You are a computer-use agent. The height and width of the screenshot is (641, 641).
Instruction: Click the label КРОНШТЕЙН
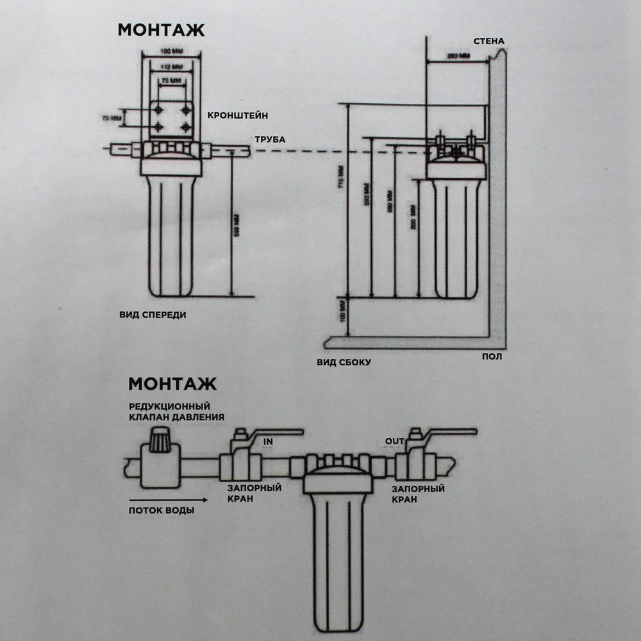click(x=237, y=115)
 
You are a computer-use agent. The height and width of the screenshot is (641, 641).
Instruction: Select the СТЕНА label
click(x=488, y=42)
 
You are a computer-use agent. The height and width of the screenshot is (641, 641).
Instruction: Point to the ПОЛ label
click(x=492, y=356)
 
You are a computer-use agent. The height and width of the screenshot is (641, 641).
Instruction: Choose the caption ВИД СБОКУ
click(x=344, y=362)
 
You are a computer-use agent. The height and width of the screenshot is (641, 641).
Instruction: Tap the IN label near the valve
click(x=269, y=442)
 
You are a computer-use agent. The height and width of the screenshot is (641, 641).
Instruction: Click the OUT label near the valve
click(x=394, y=441)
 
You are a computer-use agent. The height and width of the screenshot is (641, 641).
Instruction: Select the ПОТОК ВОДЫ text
click(x=162, y=510)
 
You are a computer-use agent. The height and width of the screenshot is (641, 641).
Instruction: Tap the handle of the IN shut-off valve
click(x=272, y=433)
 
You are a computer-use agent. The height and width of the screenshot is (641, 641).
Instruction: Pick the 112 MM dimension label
click(x=170, y=66)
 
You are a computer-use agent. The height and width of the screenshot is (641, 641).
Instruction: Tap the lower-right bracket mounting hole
click(x=186, y=126)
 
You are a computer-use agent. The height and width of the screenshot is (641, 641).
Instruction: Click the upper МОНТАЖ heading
click(x=161, y=30)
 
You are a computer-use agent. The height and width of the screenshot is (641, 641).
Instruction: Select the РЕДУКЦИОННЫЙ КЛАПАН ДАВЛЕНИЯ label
click(x=176, y=412)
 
